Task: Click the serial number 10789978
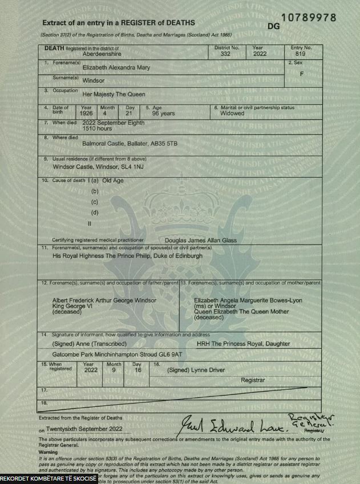(x=309, y=18)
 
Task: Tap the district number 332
(x=226, y=54)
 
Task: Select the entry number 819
(x=301, y=54)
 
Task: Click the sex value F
(x=301, y=74)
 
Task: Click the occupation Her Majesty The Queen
(x=114, y=94)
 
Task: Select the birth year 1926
(x=87, y=113)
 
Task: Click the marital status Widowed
(x=232, y=113)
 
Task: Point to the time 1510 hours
(x=98, y=129)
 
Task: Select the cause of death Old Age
(x=113, y=181)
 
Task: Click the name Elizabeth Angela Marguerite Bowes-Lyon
(x=248, y=300)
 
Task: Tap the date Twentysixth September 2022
(x=85, y=428)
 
